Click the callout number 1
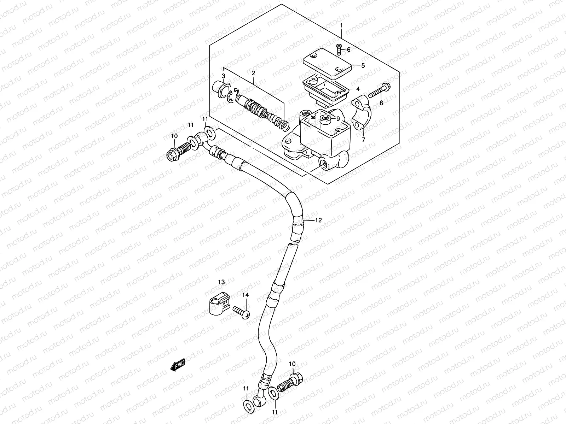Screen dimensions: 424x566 (x=341, y=25)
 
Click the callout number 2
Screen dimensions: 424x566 (x=253, y=73)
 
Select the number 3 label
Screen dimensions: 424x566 (x=223, y=76)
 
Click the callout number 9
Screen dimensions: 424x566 (x=338, y=119)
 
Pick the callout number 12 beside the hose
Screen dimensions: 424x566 (x=318, y=220)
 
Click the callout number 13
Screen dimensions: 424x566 (x=221, y=282)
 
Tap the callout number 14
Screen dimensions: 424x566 (x=246, y=295)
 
